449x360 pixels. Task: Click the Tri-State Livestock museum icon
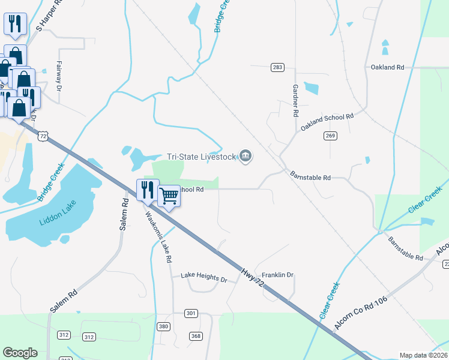pyautogui.click(x=246, y=157)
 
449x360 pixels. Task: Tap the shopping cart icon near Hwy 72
pyautogui.click(x=169, y=195)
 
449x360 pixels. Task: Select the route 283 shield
pyautogui.click(x=277, y=67)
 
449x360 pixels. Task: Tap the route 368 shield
pyautogui.click(x=195, y=336)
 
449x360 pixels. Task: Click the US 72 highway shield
pyautogui.click(x=43, y=136)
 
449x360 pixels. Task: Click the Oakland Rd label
pyautogui.click(x=387, y=67)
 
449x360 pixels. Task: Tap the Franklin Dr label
pyautogui.click(x=277, y=275)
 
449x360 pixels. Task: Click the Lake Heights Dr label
pyautogui.click(x=204, y=280)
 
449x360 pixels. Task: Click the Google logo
pyautogui.click(x=20, y=353)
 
